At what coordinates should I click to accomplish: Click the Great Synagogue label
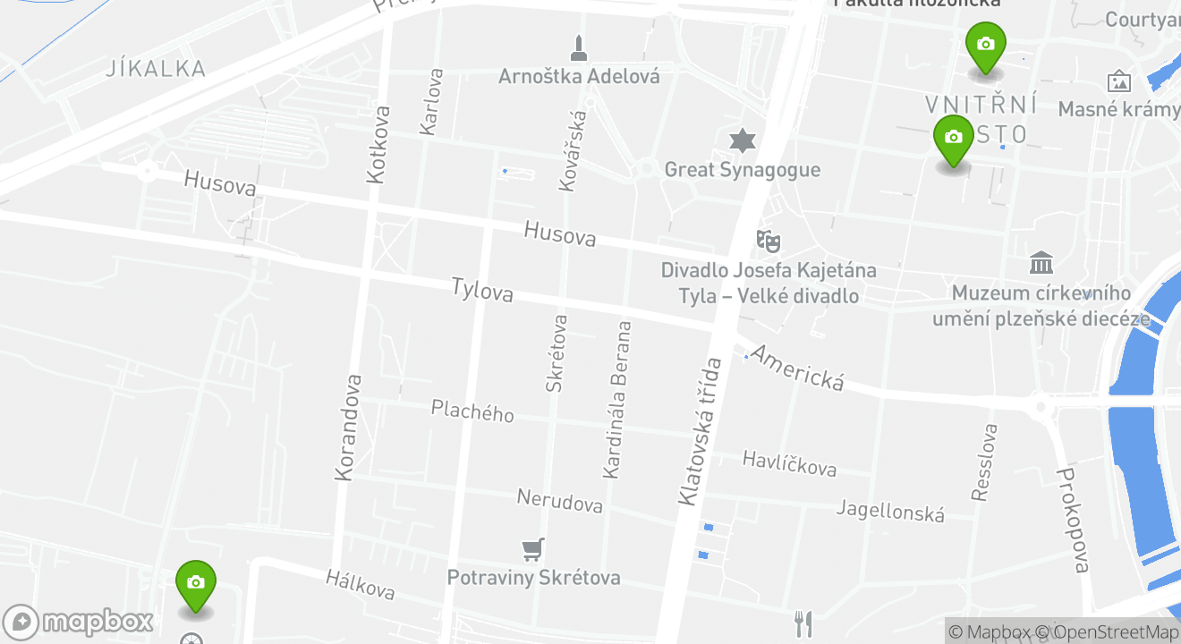tap(742, 169)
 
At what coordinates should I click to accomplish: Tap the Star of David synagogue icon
tap(742, 140)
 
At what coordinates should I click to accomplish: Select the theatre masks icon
tap(767, 239)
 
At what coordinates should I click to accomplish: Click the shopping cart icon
tap(533, 549)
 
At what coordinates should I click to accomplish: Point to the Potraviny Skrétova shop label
tap(533, 578)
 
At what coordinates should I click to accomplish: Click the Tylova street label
tap(482, 289)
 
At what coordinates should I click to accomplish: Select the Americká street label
tap(796, 368)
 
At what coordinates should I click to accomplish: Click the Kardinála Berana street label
tap(616, 400)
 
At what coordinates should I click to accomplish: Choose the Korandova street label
tap(347, 428)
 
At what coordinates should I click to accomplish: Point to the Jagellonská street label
tap(890, 511)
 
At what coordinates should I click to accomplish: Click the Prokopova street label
tap(1073, 520)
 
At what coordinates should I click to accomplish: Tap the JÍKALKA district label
tap(156, 68)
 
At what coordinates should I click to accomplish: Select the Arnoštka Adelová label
tap(579, 76)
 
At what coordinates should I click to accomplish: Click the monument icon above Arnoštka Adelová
tap(579, 48)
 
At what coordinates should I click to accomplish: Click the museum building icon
tap(1041, 263)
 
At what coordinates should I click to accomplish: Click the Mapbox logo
tap(79, 622)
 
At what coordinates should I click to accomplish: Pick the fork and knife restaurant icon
tap(803, 623)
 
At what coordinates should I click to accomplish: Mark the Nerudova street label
tap(560, 501)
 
